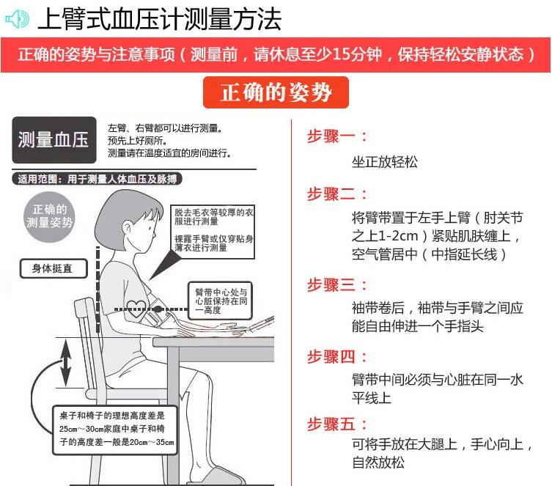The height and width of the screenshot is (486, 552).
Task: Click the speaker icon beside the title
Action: click(x=17, y=18)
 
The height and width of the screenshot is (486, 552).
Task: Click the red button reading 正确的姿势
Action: click(x=276, y=92)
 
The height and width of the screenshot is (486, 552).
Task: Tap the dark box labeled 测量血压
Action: click(x=54, y=140)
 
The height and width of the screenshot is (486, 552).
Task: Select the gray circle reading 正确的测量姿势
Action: click(x=49, y=216)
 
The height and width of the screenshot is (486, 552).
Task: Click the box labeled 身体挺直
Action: click(x=54, y=268)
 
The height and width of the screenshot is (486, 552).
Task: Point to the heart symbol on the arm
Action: click(x=136, y=309)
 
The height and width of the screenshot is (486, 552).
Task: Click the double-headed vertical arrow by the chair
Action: click(x=65, y=363)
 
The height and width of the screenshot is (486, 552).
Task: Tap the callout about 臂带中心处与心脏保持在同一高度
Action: click(x=221, y=301)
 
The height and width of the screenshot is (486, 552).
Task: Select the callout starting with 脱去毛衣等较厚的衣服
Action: click(x=213, y=232)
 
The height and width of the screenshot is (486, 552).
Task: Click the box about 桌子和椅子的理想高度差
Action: click(x=115, y=430)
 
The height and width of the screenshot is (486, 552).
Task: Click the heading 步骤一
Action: click(x=337, y=136)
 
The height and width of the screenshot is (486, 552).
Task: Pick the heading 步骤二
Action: click(x=337, y=194)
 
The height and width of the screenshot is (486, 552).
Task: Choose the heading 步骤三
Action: click(x=337, y=284)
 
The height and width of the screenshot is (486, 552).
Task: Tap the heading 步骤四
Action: click(x=337, y=357)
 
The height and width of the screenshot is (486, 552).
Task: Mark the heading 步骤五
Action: click(x=337, y=424)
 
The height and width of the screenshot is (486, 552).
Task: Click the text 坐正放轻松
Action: click(x=384, y=162)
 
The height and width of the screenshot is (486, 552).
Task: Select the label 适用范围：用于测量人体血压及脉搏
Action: click(x=97, y=179)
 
